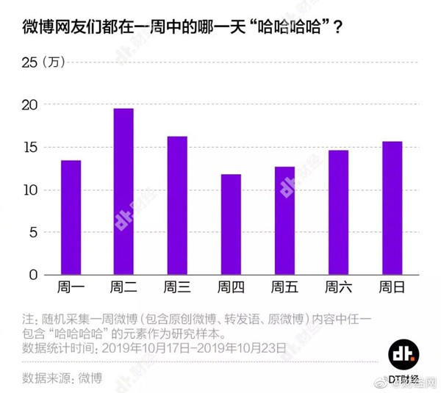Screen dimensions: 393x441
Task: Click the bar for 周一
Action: [x=71, y=217]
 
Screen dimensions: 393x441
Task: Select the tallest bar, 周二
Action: [x=123, y=192]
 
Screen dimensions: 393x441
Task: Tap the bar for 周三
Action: [x=177, y=206]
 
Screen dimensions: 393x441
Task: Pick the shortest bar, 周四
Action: [x=231, y=224]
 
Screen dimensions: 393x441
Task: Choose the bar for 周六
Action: [x=338, y=212]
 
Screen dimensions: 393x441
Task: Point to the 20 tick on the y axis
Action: [x=29, y=105]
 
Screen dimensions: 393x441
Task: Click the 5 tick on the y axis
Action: [x=33, y=232]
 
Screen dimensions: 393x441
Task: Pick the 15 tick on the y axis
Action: [x=29, y=148]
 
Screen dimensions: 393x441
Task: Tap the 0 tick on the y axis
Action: [x=33, y=275]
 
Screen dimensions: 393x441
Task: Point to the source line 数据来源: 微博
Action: [x=62, y=378]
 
